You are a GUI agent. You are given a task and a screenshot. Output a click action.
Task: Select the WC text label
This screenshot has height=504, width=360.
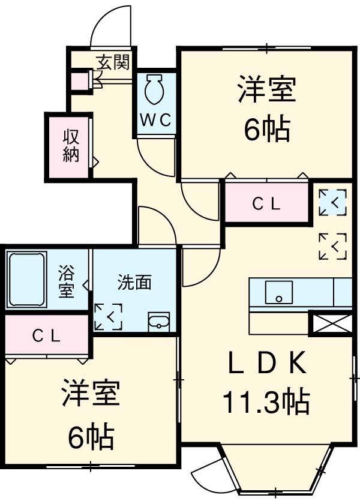click(157, 119)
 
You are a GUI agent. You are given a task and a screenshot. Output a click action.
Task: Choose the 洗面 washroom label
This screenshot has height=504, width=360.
click(134, 283)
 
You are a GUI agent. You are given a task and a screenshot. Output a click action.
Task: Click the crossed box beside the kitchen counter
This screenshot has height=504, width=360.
click(330, 323)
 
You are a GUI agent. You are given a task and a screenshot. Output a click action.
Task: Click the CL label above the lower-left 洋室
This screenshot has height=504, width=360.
click(46, 337)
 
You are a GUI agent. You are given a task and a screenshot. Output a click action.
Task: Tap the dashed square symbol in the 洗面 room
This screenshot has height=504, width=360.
click(109, 317)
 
